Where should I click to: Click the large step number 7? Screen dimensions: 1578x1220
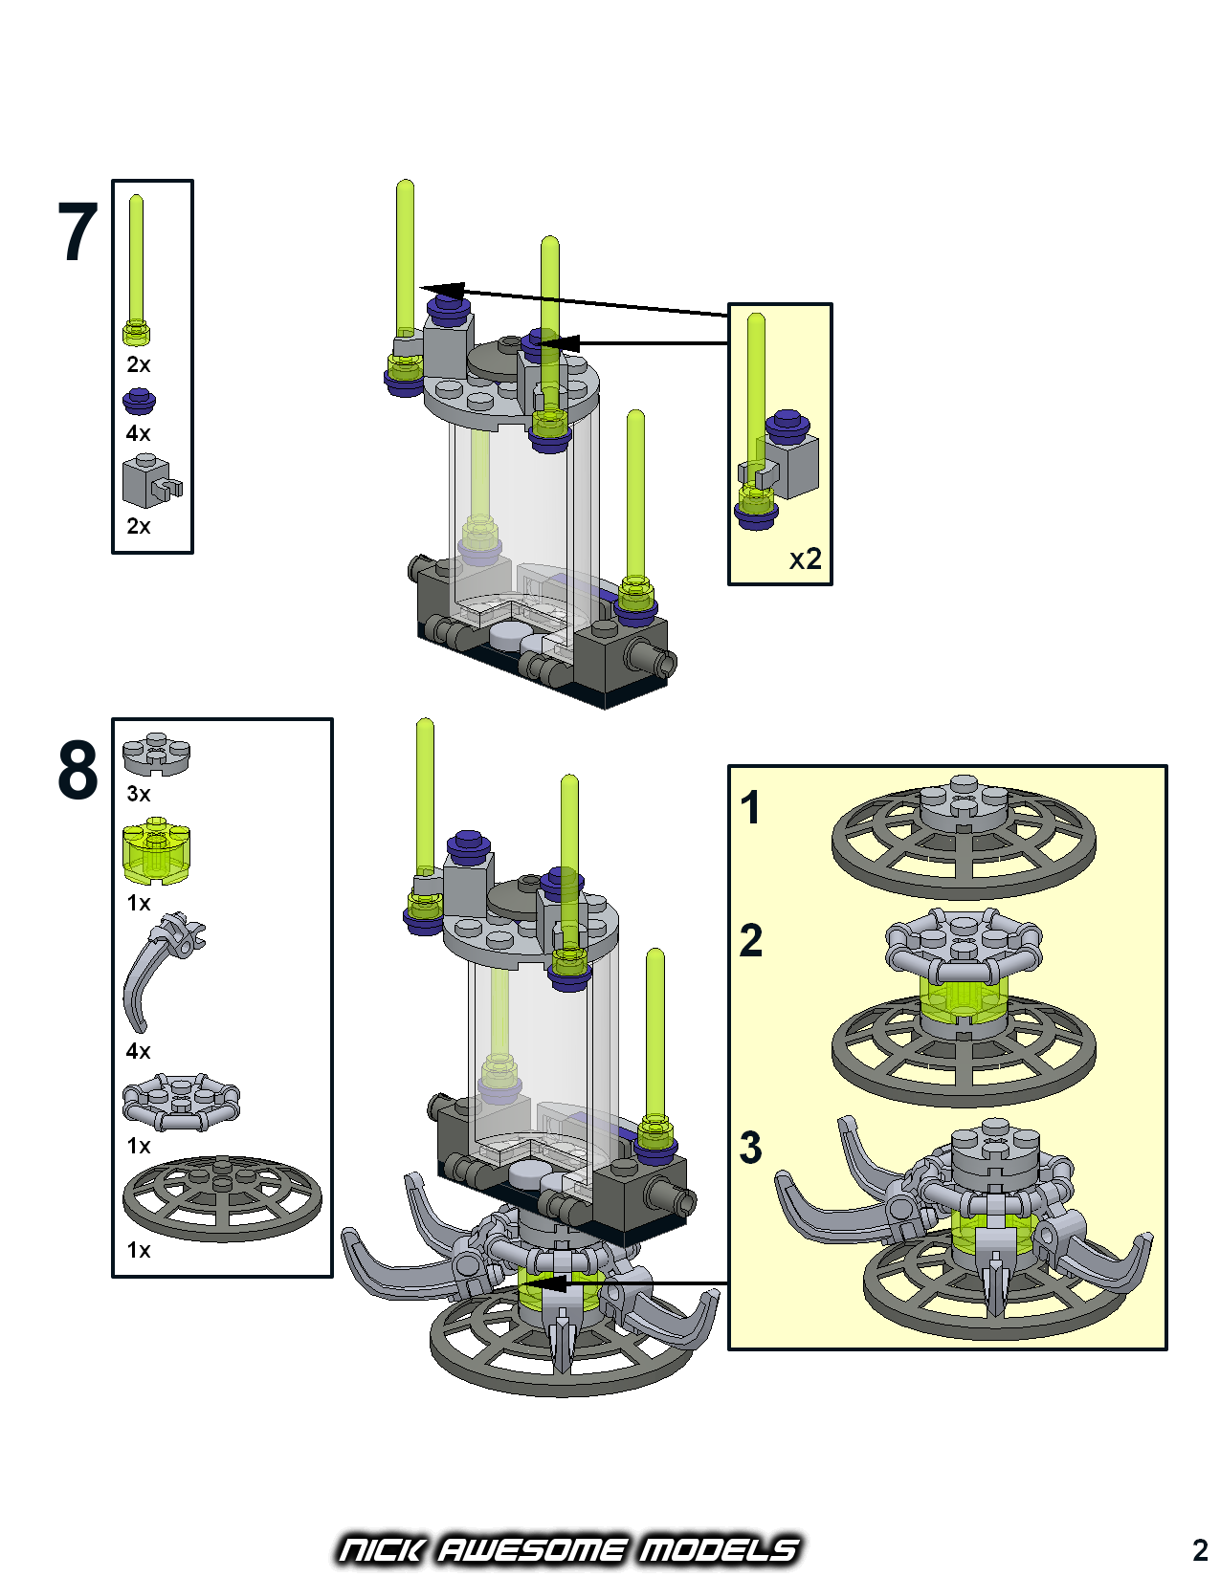(78, 232)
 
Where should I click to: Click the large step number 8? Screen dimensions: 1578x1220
(78, 770)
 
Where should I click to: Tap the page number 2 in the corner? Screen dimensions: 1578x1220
(1200, 1549)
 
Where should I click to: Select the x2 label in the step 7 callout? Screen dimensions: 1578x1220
(805, 559)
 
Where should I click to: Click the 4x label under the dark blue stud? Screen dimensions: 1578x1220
(138, 433)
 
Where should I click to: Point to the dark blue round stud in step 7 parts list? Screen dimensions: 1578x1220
(139, 401)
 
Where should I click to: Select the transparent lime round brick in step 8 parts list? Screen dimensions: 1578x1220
(156, 850)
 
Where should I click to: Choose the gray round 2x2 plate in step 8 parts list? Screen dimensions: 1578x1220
(156, 754)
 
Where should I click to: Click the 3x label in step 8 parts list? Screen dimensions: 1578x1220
(138, 794)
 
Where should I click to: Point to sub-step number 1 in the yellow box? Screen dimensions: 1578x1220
(750, 807)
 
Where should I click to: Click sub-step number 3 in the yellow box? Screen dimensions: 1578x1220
(751, 1147)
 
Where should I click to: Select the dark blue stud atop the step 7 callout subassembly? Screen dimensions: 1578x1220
(787, 424)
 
